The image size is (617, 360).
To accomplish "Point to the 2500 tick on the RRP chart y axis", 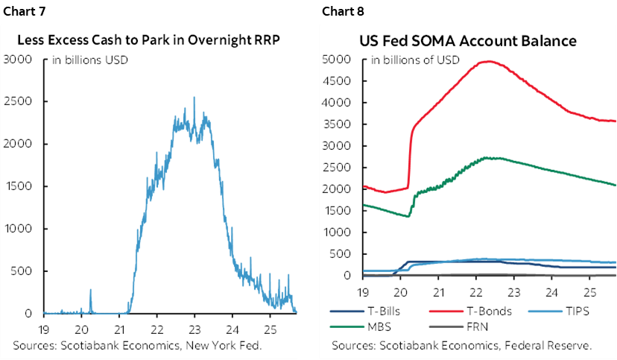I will click(x=17, y=101).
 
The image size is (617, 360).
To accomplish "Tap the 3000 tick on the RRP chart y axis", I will click(x=17, y=58).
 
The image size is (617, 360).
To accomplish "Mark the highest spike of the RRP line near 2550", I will click(x=194, y=97).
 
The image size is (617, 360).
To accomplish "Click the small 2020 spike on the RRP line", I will click(x=91, y=290).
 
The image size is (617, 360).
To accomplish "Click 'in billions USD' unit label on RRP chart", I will click(x=91, y=60).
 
